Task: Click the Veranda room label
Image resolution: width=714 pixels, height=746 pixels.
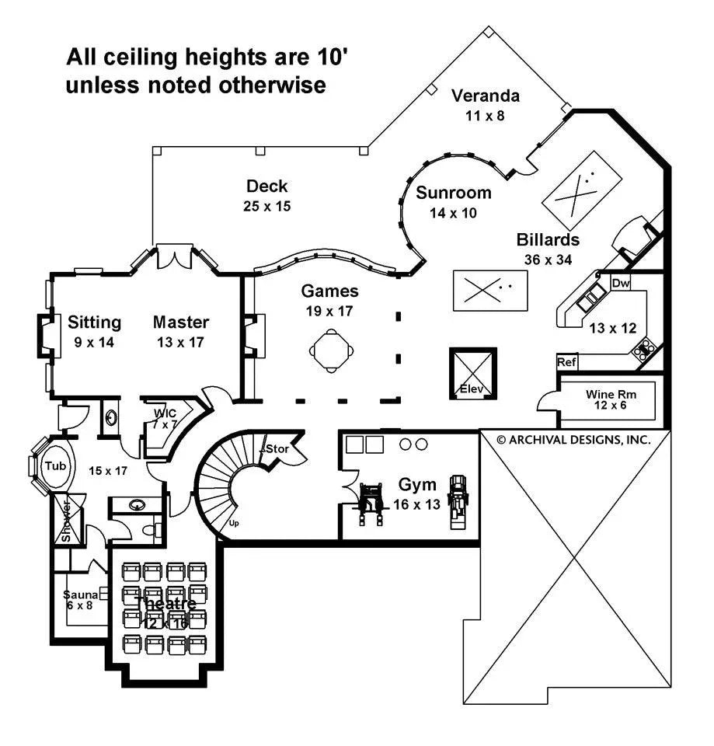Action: (x=485, y=96)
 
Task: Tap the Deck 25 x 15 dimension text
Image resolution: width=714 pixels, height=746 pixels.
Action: (x=266, y=207)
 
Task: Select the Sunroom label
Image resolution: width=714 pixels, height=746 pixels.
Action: (x=453, y=193)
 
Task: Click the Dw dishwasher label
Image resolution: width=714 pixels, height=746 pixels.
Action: (x=620, y=284)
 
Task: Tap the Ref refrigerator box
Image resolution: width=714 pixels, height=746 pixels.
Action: (x=566, y=362)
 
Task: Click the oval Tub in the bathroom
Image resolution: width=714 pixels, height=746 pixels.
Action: (x=54, y=465)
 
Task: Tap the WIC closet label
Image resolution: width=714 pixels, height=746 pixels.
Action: (x=165, y=413)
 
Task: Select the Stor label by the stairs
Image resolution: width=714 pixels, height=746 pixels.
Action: (x=277, y=449)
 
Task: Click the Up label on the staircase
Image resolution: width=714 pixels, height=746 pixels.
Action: (x=233, y=523)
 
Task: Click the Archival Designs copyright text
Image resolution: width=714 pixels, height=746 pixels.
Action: (x=573, y=439)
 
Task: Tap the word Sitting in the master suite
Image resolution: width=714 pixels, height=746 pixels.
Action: (x=94, y=322)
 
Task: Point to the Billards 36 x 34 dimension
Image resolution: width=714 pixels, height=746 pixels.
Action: (x=548, y=260)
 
